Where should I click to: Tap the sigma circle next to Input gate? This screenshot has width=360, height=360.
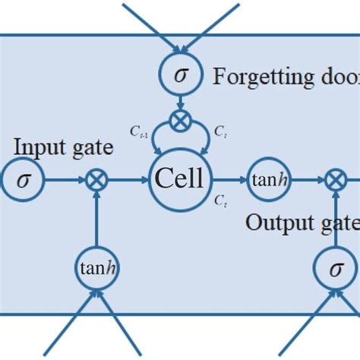click(24, 180)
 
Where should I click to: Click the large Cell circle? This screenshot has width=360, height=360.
click(179, 180)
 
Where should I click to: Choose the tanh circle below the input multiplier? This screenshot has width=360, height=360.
click(97, 267)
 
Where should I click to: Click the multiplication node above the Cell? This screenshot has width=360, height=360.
click(180, 118)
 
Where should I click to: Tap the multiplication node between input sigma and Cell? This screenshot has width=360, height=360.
click(97, 180)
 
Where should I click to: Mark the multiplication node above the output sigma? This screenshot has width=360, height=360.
click(334, 180)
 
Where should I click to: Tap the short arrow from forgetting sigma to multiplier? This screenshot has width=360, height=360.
click(180, 101)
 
